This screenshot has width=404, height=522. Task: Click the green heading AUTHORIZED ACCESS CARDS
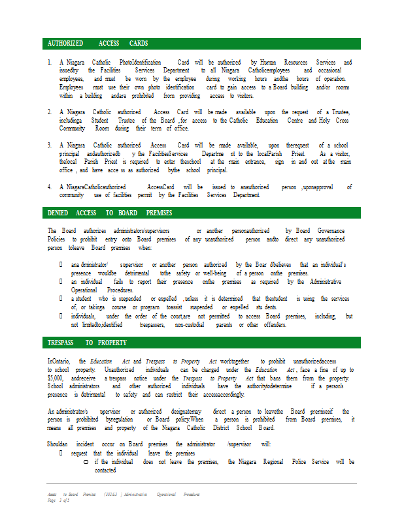98,43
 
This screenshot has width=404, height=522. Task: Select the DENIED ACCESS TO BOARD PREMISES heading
110,213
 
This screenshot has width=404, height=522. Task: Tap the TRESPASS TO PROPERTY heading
87,343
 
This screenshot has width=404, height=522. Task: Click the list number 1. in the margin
50,63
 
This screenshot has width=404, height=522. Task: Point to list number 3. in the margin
50,145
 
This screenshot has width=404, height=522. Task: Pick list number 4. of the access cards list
50,187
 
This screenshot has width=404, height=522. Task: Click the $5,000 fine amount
55,378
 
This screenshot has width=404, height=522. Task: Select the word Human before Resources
276,63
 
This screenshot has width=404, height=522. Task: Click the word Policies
56,239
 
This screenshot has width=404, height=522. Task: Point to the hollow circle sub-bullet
86,462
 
